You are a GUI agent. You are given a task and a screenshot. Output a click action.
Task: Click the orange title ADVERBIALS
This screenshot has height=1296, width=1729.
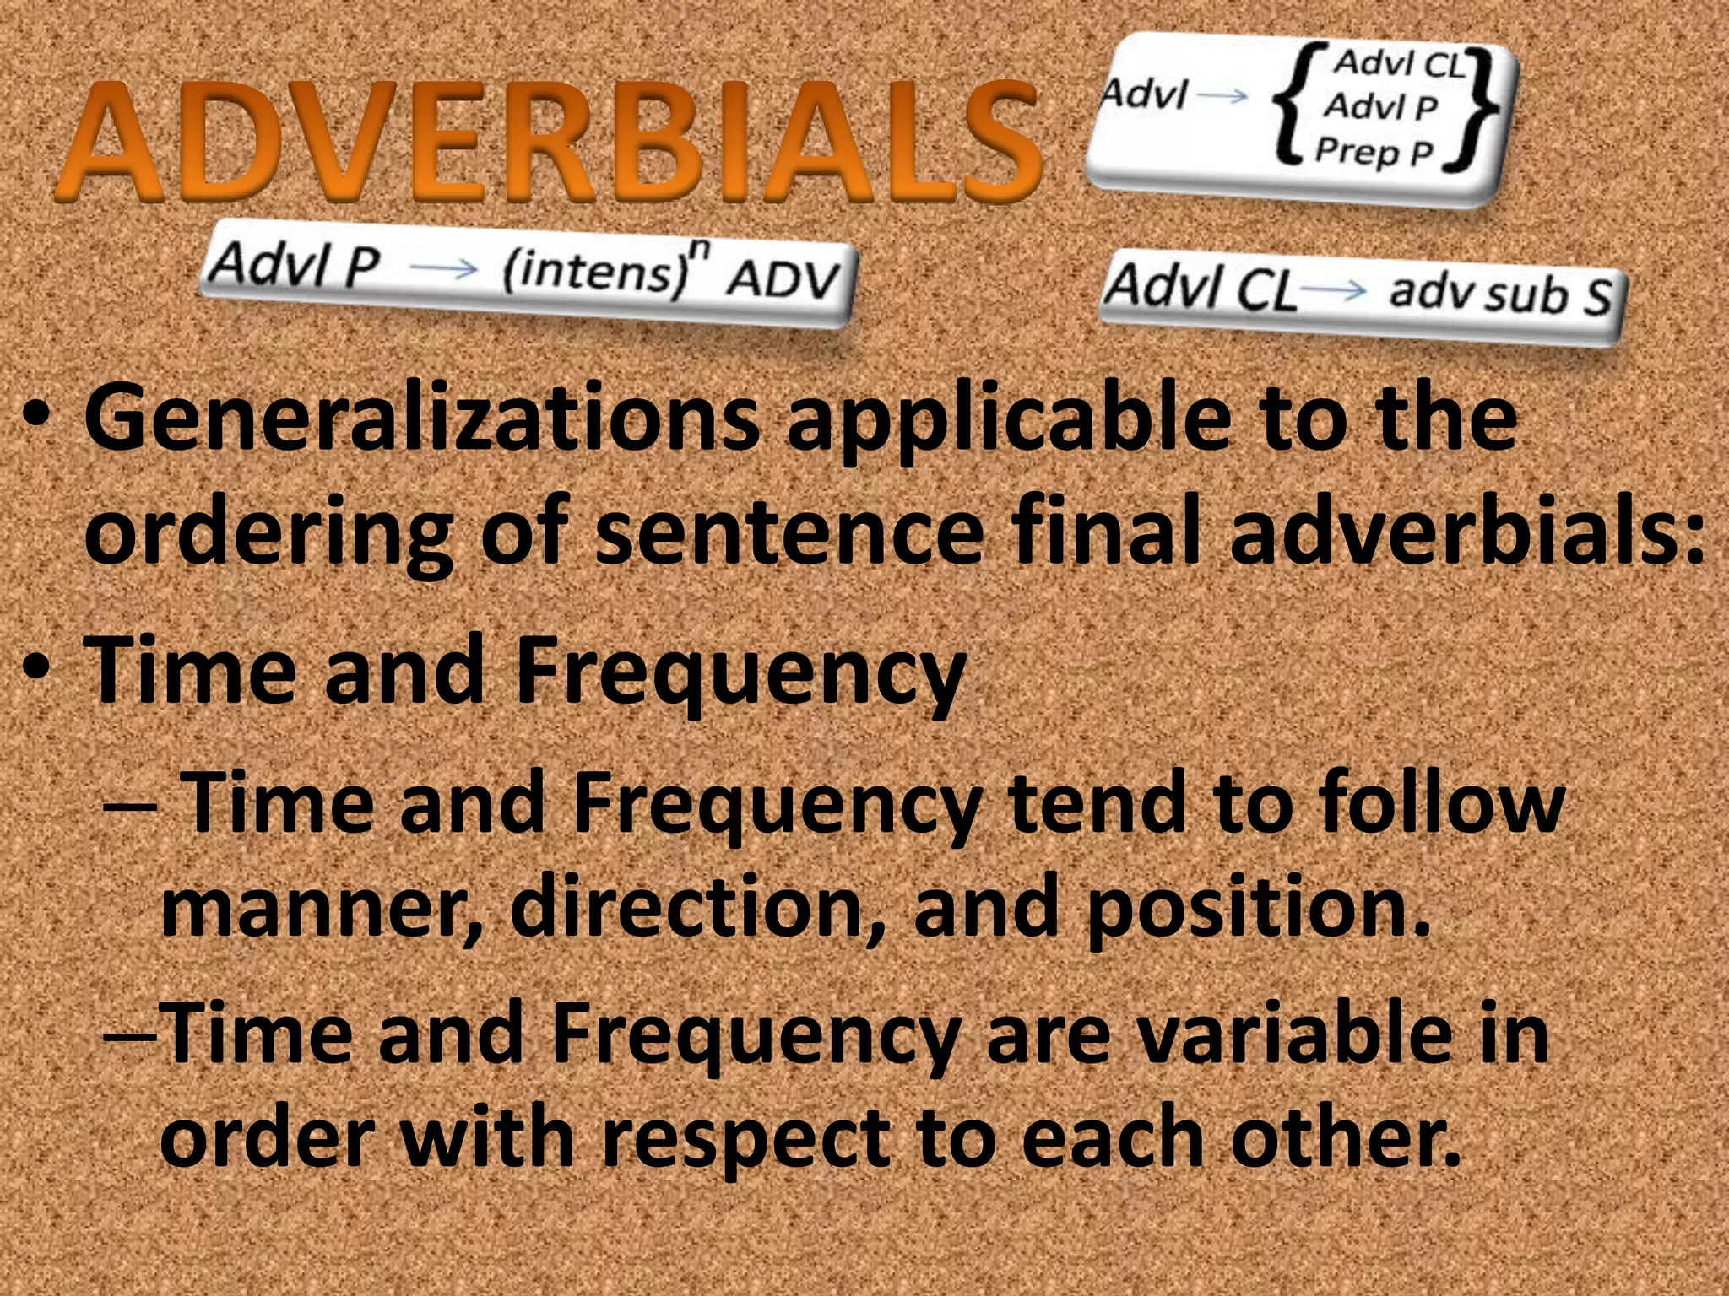[547, 143]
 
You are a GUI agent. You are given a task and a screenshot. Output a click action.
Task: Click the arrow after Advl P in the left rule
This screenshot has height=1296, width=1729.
[444, 268]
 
